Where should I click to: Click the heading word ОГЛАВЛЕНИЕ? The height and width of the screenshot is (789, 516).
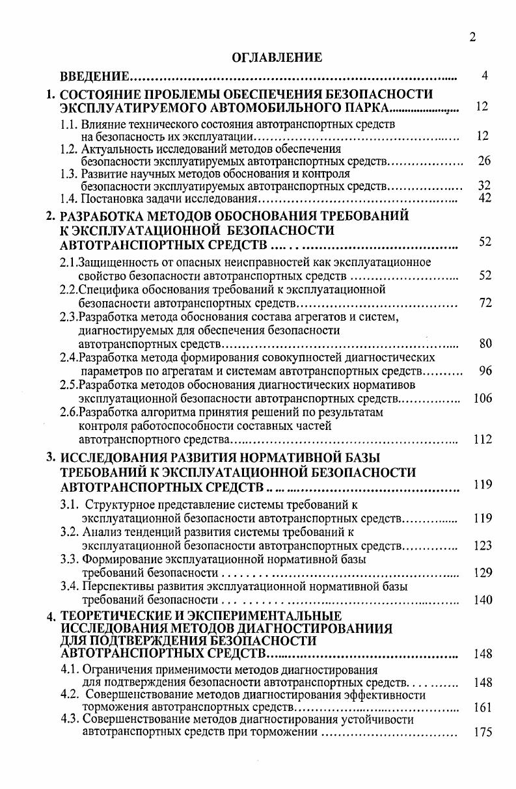277,58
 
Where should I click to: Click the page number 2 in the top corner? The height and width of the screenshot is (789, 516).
472,37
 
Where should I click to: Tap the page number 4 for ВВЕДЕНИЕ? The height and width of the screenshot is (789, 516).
485,76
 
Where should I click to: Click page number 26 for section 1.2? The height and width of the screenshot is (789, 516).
483,161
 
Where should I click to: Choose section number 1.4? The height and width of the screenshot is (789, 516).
69,198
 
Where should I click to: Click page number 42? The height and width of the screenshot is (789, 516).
483,198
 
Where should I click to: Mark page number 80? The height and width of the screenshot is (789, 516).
485,343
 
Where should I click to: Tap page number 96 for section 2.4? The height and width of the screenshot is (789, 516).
485,371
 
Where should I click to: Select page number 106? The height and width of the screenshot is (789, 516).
483,398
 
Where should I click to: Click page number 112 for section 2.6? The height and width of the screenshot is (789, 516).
483,440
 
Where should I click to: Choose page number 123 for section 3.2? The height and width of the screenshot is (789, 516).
483,546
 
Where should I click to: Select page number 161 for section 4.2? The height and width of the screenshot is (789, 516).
483,707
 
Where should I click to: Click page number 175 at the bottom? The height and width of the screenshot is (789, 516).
483,732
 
